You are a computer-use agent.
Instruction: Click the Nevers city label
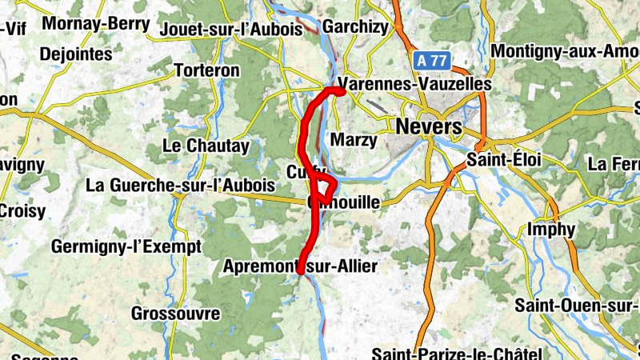[x=429, y=127]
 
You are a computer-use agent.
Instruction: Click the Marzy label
[x=353, y=140]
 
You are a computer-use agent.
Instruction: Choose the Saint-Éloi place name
[x=506, y=160]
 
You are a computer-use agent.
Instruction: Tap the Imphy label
[x=551, y=230]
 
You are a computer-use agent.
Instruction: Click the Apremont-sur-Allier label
[x=300, y=266]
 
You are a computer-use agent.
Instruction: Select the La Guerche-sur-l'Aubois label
[x=180, y=186]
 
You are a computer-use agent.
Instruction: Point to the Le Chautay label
[x=206, y=146]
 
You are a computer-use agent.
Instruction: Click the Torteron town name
[x=207, y=70]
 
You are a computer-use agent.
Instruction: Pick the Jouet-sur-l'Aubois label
[x=231, y=29]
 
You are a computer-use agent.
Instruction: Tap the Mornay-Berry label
[x=96, y=24]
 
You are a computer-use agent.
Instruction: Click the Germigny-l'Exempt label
[x=126, y=246]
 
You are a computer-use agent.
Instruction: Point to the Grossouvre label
[x=170, y=312]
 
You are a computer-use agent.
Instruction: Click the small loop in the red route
[x=323, y=190]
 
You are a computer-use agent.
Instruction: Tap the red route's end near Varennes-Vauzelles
[x=341, y=91]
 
